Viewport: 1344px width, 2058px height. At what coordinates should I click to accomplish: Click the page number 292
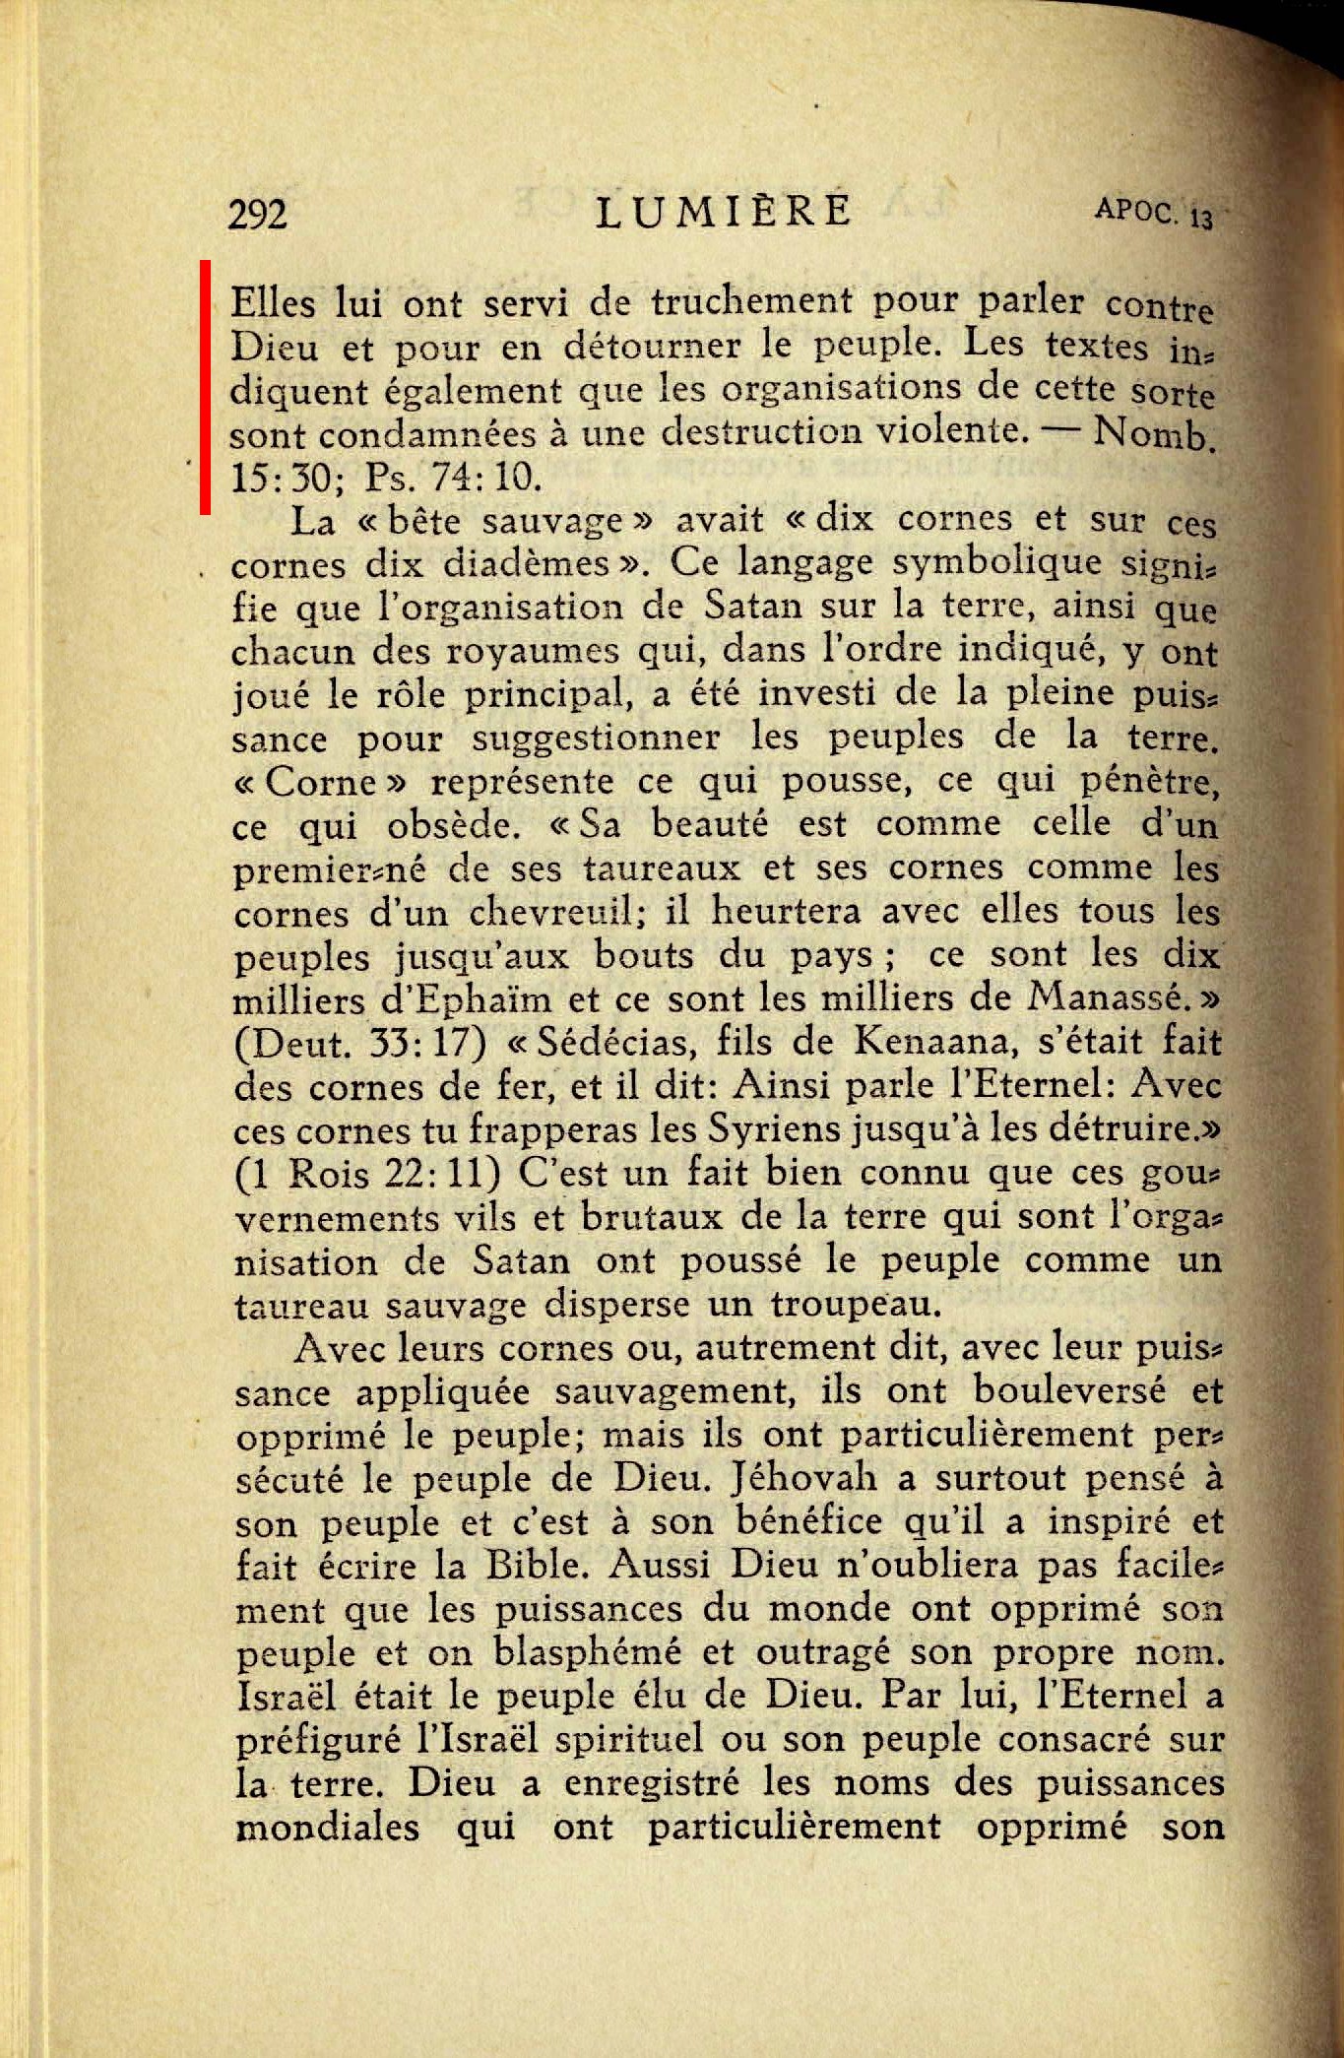click(x=257, y=214)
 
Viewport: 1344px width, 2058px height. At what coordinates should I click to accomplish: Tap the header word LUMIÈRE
click(x=724, y=212)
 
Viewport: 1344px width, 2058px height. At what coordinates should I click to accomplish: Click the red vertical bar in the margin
click(x=206, y=387)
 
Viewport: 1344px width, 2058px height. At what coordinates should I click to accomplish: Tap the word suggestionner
click(x=596, y=738)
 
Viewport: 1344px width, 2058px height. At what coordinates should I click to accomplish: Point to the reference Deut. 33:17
click(x=360, y=1044)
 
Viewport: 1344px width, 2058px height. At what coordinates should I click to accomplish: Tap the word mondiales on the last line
click(x=327, y=1828)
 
